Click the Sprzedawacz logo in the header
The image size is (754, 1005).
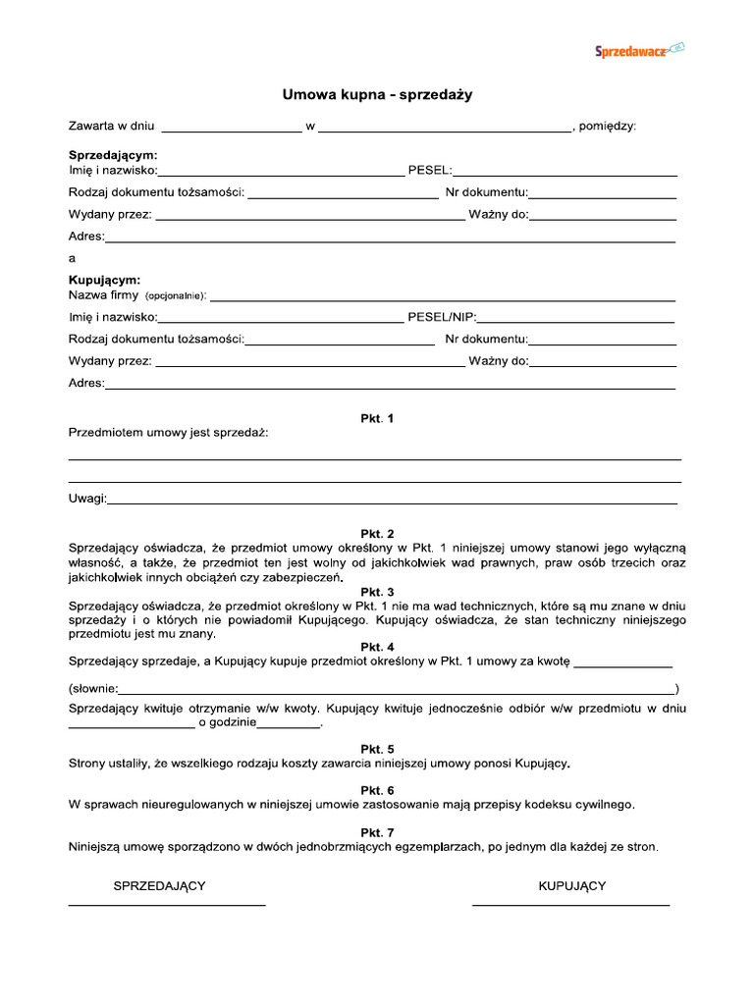point(639,50)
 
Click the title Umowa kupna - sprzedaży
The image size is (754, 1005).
point(378,95)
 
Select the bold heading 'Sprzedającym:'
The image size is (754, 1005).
point(113,155)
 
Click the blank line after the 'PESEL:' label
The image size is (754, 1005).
point(565,175)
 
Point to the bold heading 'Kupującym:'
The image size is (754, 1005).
point(105,280)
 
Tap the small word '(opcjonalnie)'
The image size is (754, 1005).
point(176,295)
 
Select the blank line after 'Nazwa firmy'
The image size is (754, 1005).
point(443,298)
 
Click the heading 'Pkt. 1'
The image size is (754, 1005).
point(377,418)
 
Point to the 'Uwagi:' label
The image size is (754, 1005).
point(87,499)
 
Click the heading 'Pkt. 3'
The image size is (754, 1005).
point(377,592)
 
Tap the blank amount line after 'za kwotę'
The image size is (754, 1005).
point(622,666)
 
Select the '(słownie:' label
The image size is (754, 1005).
point(94,688)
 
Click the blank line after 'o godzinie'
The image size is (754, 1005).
point(289,727)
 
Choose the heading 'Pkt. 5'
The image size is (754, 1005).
point(377,749)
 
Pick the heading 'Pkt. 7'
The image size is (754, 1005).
point(377,832)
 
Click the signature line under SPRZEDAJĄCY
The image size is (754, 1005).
point(166,903)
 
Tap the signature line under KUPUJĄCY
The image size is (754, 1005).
point(570,903)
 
